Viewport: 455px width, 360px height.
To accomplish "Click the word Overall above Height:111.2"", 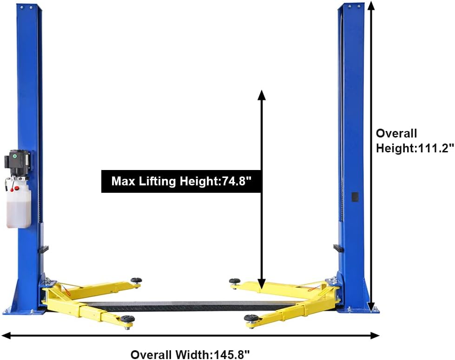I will (396, 133).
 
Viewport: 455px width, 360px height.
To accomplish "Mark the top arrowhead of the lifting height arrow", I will (262, 95).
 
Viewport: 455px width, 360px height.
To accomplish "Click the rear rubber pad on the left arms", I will (136, 280).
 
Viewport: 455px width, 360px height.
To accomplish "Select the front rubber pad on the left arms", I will (128, 319).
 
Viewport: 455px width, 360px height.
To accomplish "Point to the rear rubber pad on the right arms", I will (235, 281).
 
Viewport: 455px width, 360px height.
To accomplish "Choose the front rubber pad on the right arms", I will (252, 319).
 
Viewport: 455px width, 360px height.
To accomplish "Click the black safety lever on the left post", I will (43, 250).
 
